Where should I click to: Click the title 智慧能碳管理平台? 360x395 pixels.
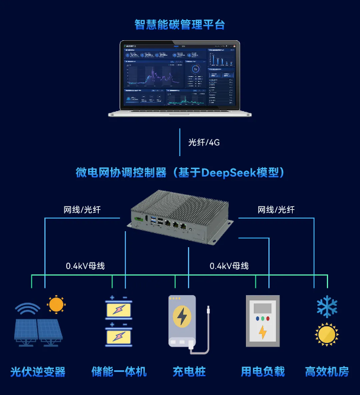[x=180, y=25]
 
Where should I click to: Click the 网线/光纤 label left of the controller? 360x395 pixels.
[x=82, y=209]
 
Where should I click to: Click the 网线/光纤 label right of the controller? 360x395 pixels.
[x=275, y=209]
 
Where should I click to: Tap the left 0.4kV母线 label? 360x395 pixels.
[x=85, y=266]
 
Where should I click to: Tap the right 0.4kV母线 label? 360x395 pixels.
[x=229, y=266]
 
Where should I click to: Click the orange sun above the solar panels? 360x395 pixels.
[x=56, y=305]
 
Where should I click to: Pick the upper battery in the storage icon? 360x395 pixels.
[x=118, y=309]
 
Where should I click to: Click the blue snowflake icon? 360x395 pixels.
[x=326, y=306]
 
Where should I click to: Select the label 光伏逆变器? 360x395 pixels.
[x=38, y=372]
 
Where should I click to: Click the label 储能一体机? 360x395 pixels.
[x=119, y=372]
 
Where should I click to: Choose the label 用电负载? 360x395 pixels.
[x=262, y=372]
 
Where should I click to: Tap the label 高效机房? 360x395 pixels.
[x=327, y=372]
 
